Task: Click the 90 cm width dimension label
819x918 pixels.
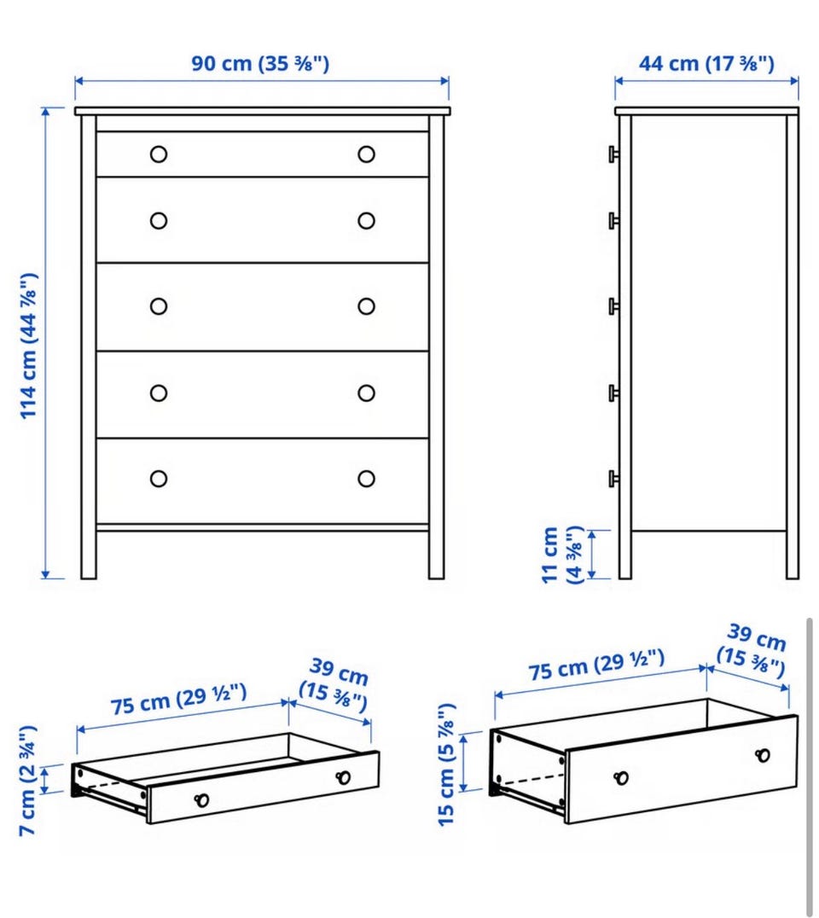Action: pos(260,63)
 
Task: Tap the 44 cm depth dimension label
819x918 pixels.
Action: pos(706,63)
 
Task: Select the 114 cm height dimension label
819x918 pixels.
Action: pos(29,346)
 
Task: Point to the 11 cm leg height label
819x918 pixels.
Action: pos(562,555)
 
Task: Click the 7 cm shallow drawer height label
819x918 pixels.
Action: pos(28,781)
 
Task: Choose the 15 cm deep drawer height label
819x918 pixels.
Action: pos(447,764)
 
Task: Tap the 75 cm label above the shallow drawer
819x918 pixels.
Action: pos(178,699)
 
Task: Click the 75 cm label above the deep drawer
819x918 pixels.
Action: pos(596,665)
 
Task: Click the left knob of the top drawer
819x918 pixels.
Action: pos(159,154)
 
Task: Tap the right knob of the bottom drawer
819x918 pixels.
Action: pos(367,479)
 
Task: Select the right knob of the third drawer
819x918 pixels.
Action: pos(367,306)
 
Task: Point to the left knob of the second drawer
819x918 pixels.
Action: pos(159,221)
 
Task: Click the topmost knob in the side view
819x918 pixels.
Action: pos(613,154)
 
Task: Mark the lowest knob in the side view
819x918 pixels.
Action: pos(613,479)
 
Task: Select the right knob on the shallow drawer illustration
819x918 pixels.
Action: pos(343,777)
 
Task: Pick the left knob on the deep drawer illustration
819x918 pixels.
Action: pos(621,777)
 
